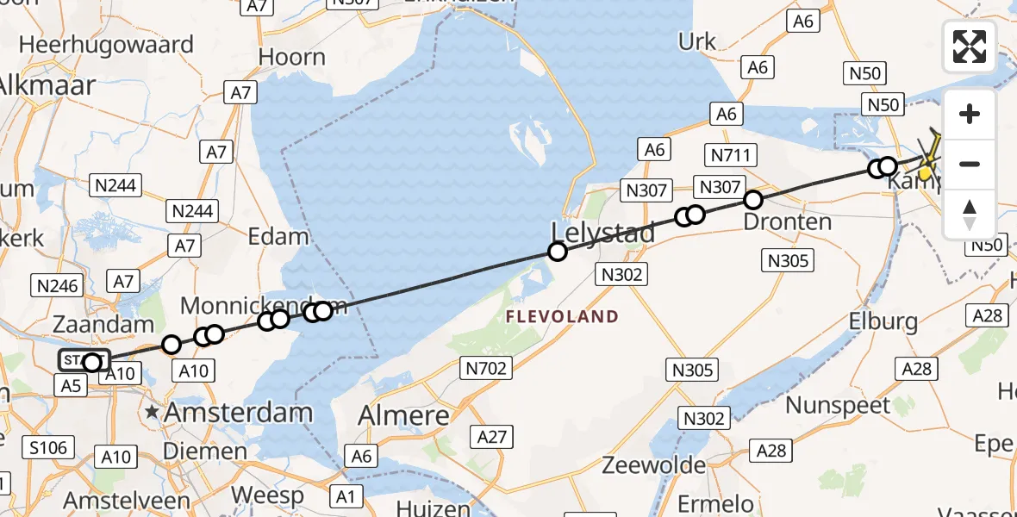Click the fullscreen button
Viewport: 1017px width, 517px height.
point(970,47)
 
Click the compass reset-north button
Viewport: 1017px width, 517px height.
point(970,215)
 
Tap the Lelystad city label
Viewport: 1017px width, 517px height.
point(602,232)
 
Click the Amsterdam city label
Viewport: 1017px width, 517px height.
point(238,412)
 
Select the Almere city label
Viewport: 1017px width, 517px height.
point(405,416)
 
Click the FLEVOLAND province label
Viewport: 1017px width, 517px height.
point(562,316)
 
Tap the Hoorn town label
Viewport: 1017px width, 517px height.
point(293,58)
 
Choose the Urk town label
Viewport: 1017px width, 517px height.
point(697,41)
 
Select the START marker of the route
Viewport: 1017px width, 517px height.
point(84,361)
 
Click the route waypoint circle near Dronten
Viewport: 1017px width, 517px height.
point(753,200)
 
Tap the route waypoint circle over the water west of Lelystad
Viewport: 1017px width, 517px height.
point(558,252)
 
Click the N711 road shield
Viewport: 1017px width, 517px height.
point(730,155)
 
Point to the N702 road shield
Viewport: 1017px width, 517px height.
point(487,370)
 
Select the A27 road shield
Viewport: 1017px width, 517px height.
point(492,437)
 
